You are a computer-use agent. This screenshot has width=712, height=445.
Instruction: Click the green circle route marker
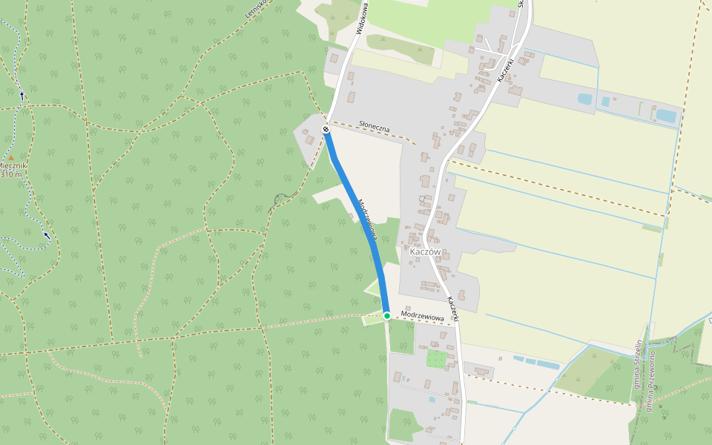(386, 316)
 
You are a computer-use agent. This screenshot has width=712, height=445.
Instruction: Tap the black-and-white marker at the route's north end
(326, 130)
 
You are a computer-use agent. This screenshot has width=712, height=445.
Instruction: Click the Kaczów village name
(425, 252)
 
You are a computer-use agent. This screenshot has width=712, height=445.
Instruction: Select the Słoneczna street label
(374, 127)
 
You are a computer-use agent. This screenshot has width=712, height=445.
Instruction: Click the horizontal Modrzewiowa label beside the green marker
(422, 317)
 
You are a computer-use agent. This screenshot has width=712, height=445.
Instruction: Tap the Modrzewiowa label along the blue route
(368, 220)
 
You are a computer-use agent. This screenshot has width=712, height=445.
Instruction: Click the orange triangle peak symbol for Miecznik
(10, 157)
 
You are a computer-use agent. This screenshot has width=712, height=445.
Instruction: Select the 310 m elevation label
(11, 175)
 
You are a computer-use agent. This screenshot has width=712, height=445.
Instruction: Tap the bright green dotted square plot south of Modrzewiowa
(436, 359)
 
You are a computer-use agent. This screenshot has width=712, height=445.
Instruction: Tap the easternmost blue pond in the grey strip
(666, 116)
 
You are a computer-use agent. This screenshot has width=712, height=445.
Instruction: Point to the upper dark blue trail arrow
(22, 95)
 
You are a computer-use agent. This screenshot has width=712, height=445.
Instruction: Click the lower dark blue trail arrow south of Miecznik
(47, 236)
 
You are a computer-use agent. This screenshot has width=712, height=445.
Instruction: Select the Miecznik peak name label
(13, 165)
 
